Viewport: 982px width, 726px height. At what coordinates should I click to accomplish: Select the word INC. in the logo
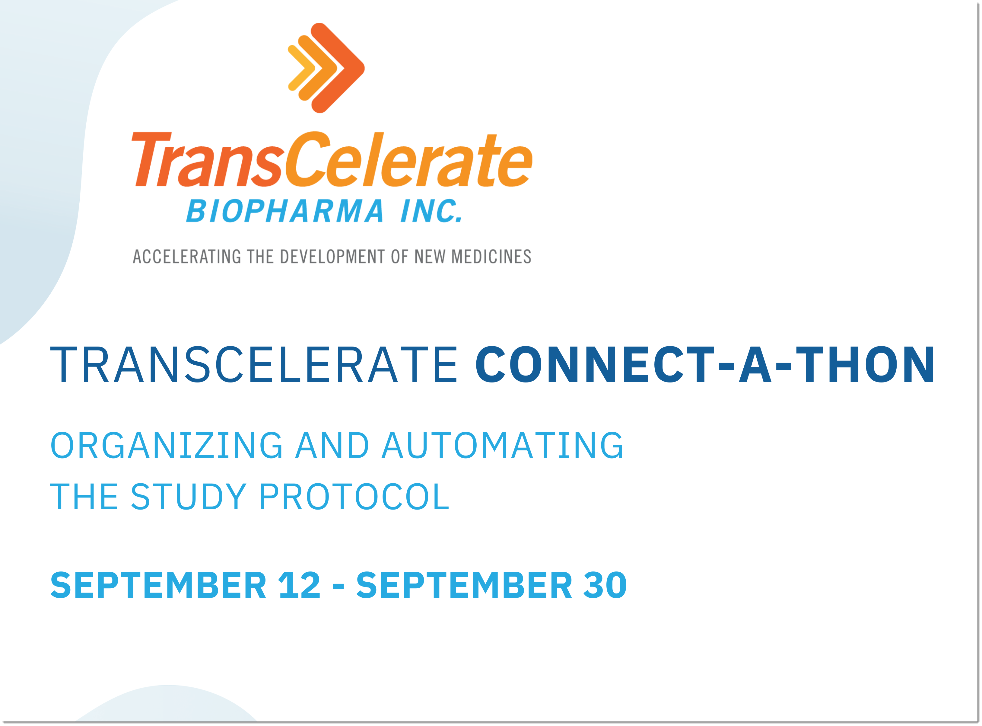tap(431, 211)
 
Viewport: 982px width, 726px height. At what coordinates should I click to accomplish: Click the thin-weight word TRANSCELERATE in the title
tap(254, 364)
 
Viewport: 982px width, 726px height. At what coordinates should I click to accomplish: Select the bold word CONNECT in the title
tap(595, 364)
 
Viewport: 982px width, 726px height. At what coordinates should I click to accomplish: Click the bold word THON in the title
tap(865, 364)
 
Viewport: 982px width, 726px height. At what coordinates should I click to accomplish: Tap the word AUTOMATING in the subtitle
tap(502, 446)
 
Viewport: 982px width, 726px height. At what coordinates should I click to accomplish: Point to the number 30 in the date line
tap(605, 585)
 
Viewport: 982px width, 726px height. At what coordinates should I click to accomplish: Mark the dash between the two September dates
tap(338, 587)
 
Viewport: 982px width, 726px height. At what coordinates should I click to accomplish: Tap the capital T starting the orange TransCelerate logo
tap(151, 159)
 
